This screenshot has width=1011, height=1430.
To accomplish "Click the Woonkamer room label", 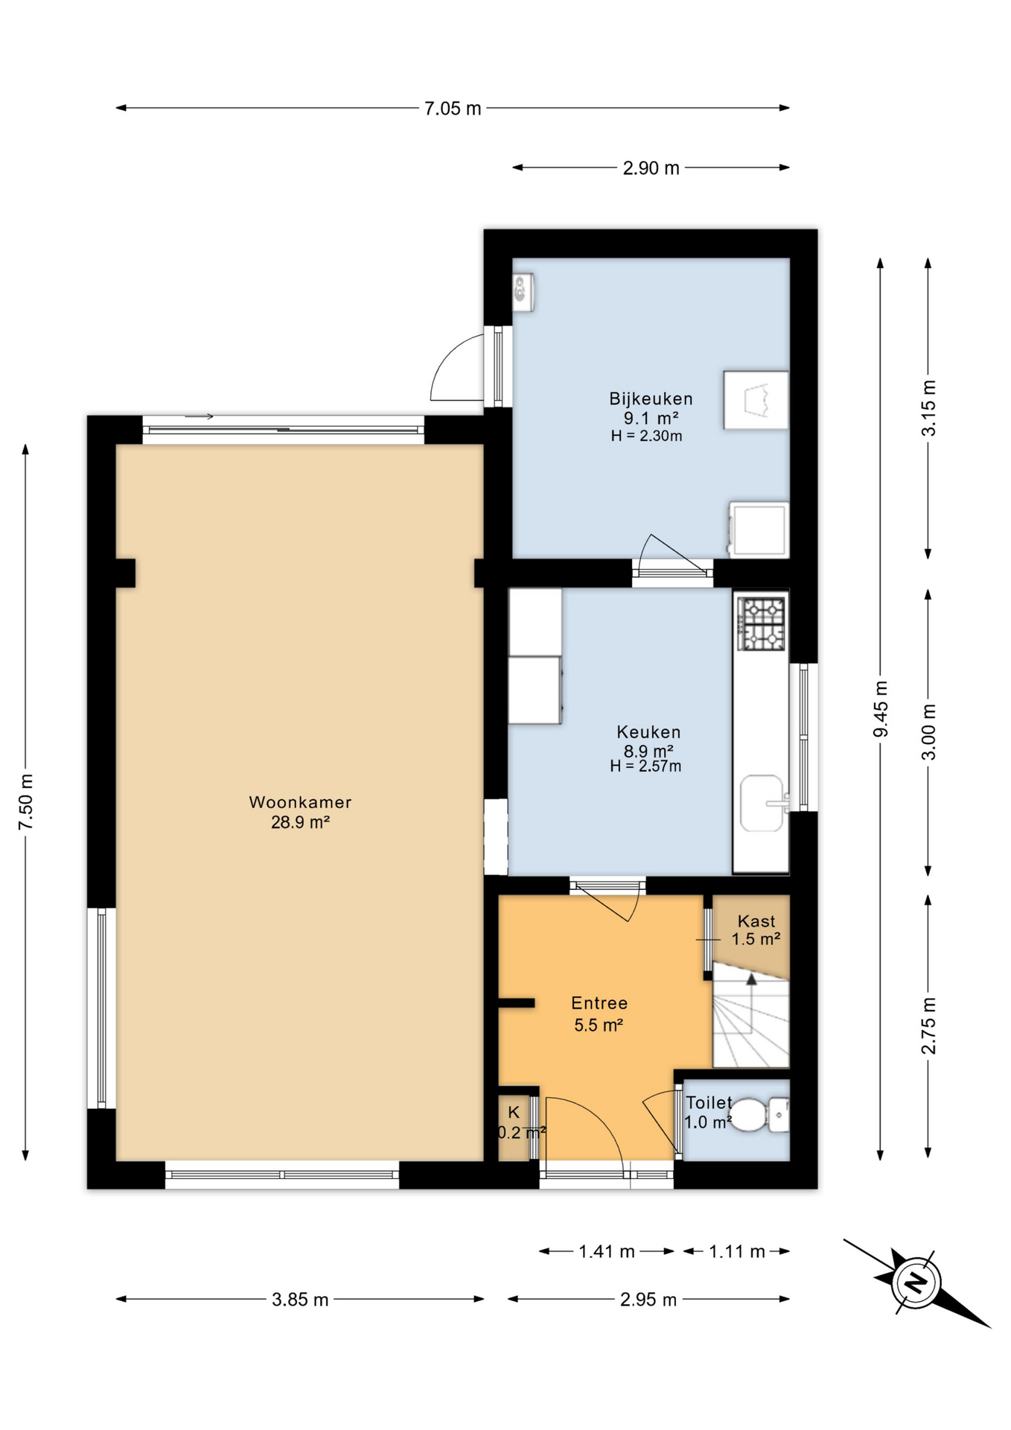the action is tap(300, 802).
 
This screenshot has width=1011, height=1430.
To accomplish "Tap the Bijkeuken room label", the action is tap(651, 398).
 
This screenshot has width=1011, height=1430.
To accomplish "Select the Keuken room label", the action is tap(648, 732).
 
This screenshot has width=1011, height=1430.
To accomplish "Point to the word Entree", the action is tap(599, 1003).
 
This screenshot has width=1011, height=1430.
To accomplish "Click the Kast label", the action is tap(756, 921).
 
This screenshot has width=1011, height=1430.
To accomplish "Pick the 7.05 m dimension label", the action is tap(453, 109).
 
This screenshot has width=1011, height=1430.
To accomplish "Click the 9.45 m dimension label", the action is tap(881, 708).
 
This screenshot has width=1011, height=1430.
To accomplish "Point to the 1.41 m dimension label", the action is tap(607, 1251).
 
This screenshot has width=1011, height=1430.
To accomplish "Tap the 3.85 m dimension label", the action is tap(300, 1300).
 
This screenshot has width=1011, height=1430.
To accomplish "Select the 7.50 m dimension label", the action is tap(26, 801).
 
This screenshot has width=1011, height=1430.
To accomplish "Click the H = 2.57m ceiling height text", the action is tap(645, 766).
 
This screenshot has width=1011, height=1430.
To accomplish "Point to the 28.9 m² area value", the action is tap(300, 822).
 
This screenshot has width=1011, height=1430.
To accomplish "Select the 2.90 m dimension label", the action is tap(651, 168).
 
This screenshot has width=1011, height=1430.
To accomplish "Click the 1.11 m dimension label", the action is tap(737, 1251).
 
